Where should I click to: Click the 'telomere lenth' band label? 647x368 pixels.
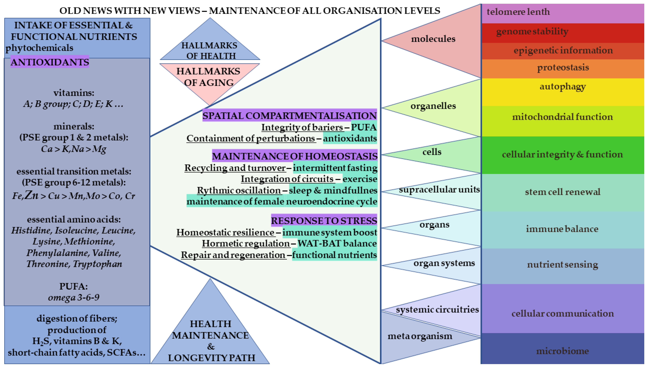click(518, 12)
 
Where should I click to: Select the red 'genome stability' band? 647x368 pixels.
click(532, 32)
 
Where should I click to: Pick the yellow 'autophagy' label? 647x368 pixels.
click(563, 87)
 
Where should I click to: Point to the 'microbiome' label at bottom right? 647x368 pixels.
click(562, 351)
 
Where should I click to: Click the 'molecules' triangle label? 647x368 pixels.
click(433, 39)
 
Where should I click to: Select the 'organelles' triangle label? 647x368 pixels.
click(433, 106)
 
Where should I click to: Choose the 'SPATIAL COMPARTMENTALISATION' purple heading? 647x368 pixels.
click(289, 116)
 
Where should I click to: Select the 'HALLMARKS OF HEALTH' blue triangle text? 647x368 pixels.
click(210, 51)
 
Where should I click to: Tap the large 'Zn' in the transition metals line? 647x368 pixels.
click(32, 195)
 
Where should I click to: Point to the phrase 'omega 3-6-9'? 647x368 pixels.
click(74, 298)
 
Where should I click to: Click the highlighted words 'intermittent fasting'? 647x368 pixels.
click(335, 168)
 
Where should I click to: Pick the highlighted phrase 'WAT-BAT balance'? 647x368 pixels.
click(337, 243)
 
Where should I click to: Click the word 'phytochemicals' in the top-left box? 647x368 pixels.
click(39, 48)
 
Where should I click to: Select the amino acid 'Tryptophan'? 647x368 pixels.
click(98, 264)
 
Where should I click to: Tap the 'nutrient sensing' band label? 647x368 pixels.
click(562, 265)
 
